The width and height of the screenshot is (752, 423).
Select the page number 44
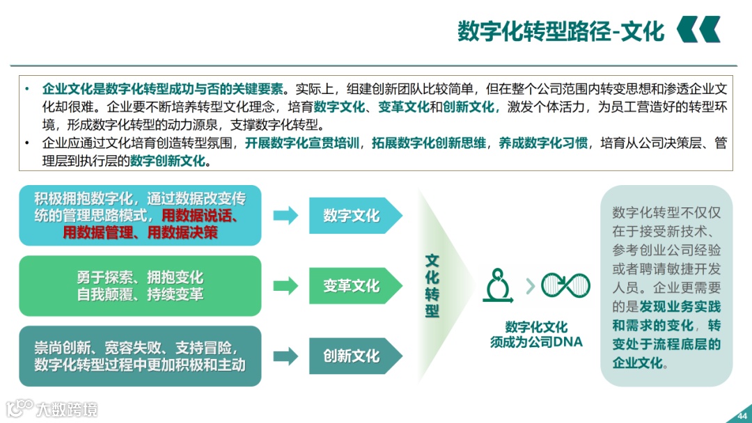[741, 416]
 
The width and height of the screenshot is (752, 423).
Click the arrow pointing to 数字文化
[285, 216]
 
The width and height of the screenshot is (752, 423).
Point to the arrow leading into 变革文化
[285, 286]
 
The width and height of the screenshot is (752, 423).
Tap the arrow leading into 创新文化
[285, 356]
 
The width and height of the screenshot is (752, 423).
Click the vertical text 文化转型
[432, 286]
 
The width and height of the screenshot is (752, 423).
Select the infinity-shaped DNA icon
[565, 285]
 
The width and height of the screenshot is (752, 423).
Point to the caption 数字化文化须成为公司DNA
[536, 334]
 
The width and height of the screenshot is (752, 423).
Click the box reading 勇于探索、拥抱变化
[140, 286]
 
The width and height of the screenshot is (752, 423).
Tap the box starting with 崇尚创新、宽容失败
[140, 356]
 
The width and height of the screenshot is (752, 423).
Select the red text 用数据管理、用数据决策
[140, 232]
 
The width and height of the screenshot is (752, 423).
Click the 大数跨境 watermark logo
[52, 408]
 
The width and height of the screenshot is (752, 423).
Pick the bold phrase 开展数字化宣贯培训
[303, 144]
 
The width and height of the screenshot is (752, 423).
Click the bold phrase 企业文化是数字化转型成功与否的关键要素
[163, 90]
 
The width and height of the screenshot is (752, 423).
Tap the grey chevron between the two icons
[531, 285]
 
